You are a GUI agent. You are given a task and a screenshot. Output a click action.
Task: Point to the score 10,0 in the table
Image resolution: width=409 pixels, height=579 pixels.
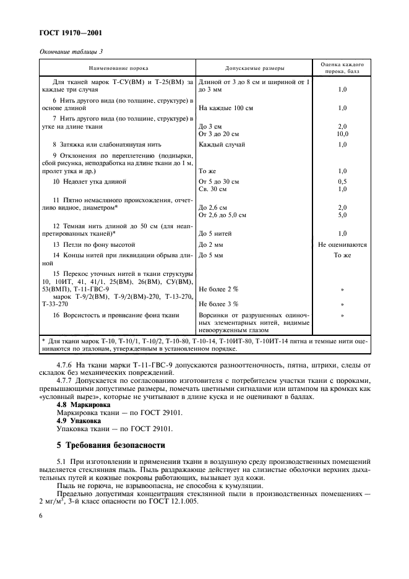click(342, 134)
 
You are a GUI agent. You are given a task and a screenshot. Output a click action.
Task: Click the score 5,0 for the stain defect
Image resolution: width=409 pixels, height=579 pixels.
click(342, 215)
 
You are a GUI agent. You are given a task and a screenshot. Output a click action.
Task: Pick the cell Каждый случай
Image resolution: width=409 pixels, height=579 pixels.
click(222, 145)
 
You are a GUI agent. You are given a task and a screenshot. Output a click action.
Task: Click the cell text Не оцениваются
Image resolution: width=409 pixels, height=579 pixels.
click(342, 245)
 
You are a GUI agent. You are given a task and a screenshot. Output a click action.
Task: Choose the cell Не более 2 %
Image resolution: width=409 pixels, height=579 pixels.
click(219, 289)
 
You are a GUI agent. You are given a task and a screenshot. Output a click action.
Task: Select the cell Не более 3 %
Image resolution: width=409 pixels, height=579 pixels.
click(219, 304)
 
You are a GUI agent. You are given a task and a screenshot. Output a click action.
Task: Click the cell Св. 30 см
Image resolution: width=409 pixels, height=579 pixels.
click(213, 189)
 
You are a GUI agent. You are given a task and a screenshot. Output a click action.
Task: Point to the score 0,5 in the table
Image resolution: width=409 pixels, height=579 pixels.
click(342, 182)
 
